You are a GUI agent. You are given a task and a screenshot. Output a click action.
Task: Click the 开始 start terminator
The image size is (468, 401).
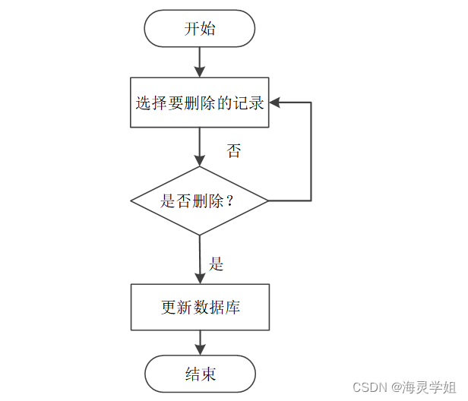(x=199, y=28)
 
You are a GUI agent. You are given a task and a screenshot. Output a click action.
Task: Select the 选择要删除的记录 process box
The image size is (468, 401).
(x=199, y=103)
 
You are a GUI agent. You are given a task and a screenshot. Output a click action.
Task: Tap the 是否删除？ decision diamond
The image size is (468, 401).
(x=199, y=200)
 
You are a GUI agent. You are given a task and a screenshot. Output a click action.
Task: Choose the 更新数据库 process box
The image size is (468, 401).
(x=200, y=307)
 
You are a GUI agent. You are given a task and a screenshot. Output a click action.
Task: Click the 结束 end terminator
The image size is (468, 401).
(x=200, y=374)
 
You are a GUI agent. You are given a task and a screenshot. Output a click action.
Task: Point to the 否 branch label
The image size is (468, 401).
(x=233, y=150)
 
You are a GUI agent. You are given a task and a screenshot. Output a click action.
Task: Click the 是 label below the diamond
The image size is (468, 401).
(x=216, y=264)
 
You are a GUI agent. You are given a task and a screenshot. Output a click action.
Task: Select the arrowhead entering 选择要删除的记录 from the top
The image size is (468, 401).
(x=199, y=72)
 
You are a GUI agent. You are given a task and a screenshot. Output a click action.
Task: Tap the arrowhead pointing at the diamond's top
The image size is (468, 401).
(x=199, y=160)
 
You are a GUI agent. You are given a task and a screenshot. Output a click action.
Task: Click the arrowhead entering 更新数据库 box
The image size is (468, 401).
(x=200, y=279)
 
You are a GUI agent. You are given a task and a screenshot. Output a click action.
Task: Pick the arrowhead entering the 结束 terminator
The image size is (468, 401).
(x=200, y=349)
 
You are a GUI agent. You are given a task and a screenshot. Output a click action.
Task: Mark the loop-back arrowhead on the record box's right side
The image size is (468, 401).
(x=274, y=103)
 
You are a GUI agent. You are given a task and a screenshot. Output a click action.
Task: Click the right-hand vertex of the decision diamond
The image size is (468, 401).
(x=268, y=200)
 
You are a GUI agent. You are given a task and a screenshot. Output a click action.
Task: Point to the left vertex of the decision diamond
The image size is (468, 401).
(x=131, y=200)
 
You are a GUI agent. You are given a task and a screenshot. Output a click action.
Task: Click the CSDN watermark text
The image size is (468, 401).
(x=370, y=387)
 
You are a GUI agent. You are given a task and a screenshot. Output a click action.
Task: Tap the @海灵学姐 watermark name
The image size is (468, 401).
(x=424, y=387)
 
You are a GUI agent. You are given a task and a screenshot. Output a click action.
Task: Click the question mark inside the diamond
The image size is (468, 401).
(x=229, y=200)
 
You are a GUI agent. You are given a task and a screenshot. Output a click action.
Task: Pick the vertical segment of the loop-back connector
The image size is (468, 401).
(x=311, y=151)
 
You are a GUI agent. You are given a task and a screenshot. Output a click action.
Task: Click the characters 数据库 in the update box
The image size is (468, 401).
(x=217, y=307)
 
